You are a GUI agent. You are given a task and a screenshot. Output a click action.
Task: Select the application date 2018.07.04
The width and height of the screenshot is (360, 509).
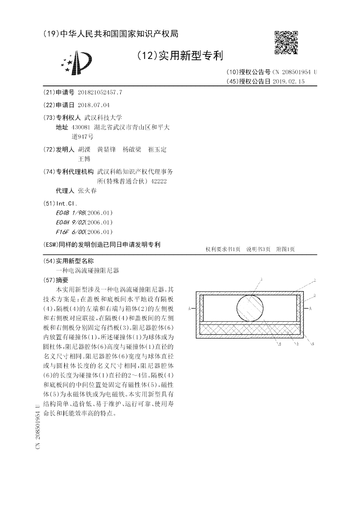point(94,105)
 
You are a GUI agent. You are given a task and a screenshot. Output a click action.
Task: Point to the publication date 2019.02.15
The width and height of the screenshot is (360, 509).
point(288,81)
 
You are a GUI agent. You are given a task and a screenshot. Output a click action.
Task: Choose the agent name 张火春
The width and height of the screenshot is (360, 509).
point(87,190)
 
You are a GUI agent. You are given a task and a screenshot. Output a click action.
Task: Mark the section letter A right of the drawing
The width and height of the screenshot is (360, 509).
point(311,308)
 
